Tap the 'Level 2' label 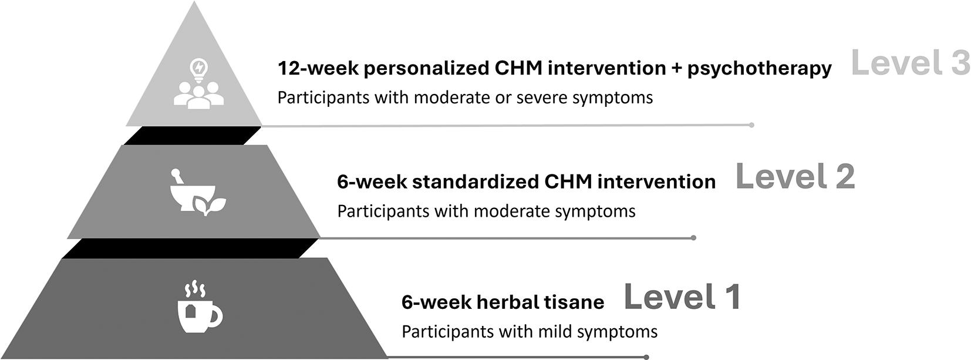click(795, 177)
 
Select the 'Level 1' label click(682, 297)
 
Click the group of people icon click(199, 95)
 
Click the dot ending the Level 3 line click(751, 125)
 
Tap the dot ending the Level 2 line click(693, 238)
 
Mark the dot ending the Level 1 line click(646, 357)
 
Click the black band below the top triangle click(193, 136)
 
